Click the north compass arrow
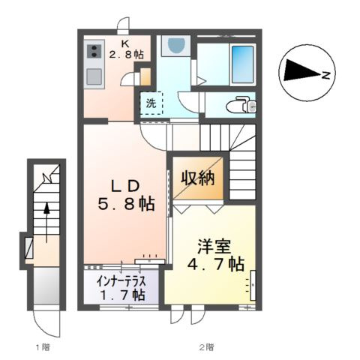pyautogui.click(x=301, y=72)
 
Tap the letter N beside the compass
pyautogui.click(x=326, y=74)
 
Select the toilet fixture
pyautogui.click(x=241, y=103)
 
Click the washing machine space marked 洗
pyautogui.click(x=151, y=103)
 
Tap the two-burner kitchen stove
pyautogui.click(x=94, y=52)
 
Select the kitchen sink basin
pyautogui.click(x=94, y=76)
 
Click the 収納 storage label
pyautogui.click(x=198, y=178)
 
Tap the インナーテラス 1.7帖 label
pyautogui.click(x=121, y=287)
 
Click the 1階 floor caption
pyautogui.click(x=42, y=347)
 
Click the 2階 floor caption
pyautogui.click(x=205, y=347)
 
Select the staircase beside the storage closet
pyautogui.click(x=241, y=165)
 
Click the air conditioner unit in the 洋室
pyautogui.click(x=252, y=285)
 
